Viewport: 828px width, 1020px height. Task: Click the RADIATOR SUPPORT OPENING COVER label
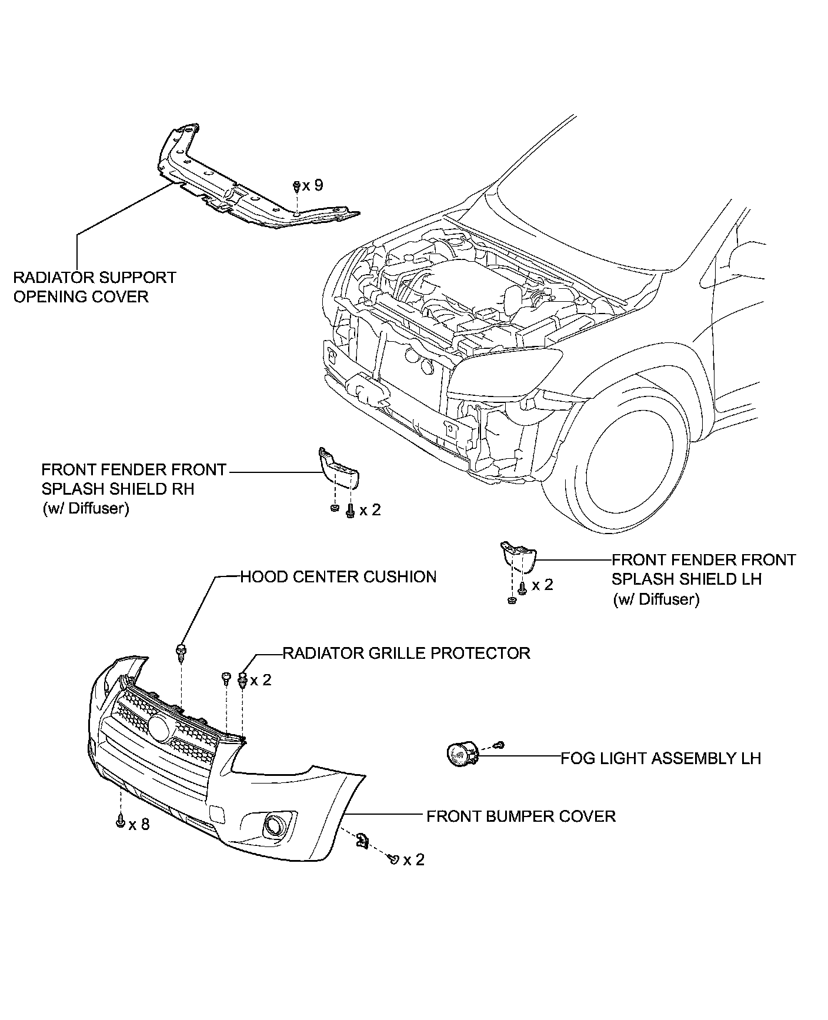click(94, 286)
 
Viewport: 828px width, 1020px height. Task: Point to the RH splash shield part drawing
click(339, 468)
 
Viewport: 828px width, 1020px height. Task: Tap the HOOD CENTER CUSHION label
click(338, 576)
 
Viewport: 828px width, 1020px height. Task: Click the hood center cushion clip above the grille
click(181, 651)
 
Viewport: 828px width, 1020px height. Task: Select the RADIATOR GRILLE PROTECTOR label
click(406, 653)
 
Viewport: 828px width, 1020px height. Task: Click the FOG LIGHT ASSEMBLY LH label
click(660, 758)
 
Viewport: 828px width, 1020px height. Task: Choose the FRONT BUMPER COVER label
click(520, 816)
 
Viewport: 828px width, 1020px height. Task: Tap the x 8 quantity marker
click(139, 825)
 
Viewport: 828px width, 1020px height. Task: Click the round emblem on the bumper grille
click(159, 728)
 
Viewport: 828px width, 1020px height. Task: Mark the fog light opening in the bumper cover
click(274, 823)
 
